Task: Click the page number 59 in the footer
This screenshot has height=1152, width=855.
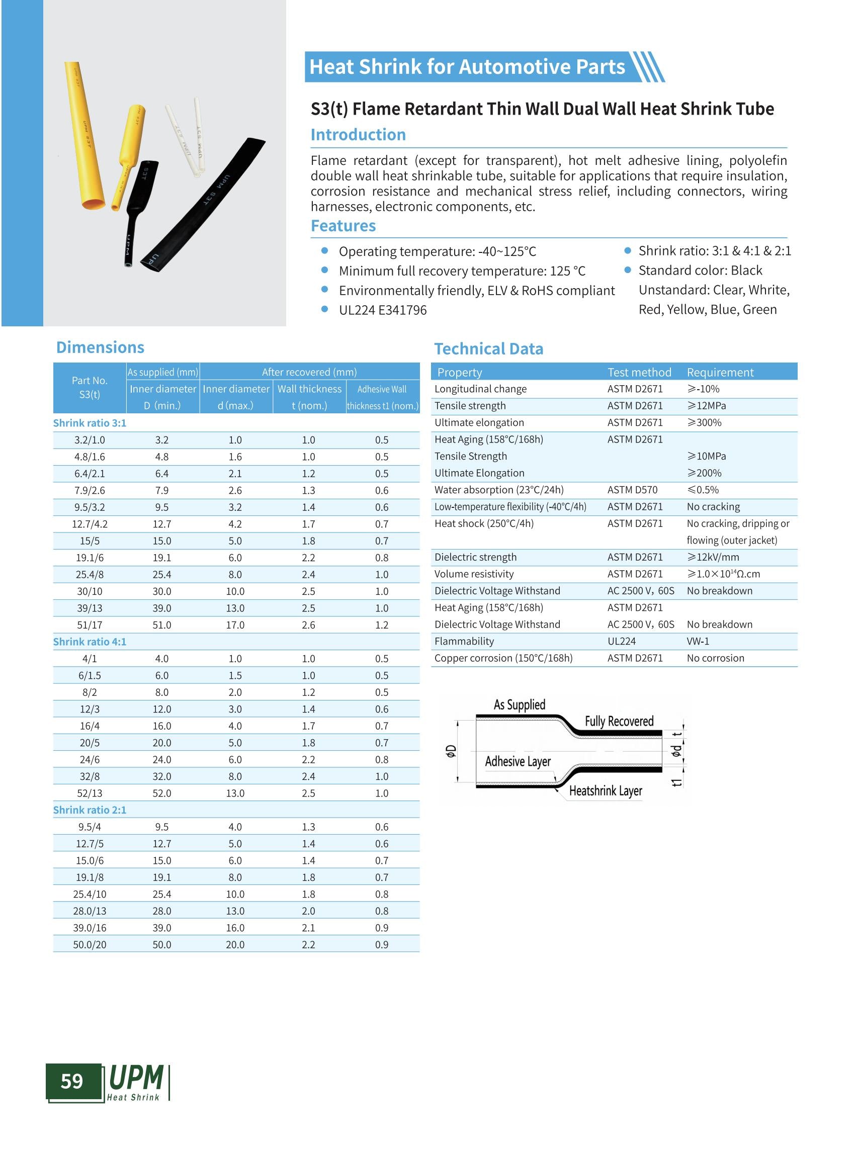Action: [x=72, y=1081]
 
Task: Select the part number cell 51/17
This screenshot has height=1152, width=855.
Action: [x=90, y=625]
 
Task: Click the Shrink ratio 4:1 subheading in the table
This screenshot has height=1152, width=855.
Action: [x=90, y=642]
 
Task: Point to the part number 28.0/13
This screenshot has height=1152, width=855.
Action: [x=90, y=911]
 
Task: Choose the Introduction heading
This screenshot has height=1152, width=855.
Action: [x=358, y=135]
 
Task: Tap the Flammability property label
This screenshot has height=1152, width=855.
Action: [x=464, y=641]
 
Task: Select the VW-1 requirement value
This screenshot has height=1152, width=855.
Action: [x=698, y=641]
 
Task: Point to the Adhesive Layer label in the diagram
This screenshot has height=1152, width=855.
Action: [x=518, y=761]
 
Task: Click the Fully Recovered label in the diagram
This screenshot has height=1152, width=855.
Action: [x=619, y=722]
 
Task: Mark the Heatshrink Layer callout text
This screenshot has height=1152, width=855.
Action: [x=606, y=791]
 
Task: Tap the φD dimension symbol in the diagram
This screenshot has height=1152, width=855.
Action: [x=451, y=751]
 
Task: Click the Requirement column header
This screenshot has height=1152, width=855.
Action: [x=720, y=372]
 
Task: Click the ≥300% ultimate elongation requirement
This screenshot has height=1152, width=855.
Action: [x=704, y=422]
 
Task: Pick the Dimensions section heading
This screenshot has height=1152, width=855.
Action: [x=100, y=347]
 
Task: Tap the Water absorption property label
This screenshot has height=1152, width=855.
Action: [x=499, y=490]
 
